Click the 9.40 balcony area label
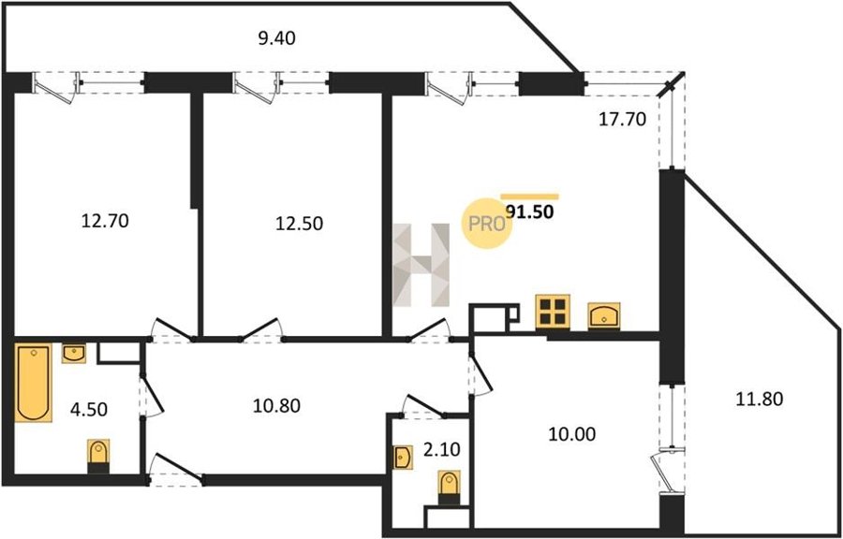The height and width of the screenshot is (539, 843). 277,38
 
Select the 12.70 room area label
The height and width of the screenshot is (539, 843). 105,221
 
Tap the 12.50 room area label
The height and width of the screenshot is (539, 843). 300,223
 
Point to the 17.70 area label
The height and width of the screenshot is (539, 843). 622,119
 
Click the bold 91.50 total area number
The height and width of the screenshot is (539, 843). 530,212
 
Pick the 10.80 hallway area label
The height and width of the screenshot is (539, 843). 276,406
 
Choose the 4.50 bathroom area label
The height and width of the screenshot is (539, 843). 89,410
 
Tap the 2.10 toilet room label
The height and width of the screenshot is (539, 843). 442,449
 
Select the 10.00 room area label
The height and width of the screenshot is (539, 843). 572,434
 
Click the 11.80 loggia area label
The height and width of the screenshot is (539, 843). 760,399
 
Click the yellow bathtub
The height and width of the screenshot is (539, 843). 34,382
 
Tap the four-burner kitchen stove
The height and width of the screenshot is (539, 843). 552,312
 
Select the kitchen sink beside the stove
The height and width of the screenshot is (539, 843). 604,316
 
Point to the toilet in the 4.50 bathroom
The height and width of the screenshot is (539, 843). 98,457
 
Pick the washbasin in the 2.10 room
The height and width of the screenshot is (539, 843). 403,458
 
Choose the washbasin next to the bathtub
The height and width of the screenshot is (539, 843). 74,353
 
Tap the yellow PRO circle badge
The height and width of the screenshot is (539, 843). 486,224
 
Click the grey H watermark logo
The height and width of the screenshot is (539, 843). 421,265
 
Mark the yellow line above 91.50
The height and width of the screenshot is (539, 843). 529,197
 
